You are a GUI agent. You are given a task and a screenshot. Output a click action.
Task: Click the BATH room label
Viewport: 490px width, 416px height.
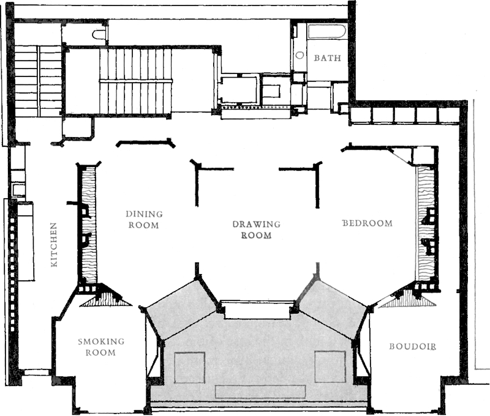coord(327,58)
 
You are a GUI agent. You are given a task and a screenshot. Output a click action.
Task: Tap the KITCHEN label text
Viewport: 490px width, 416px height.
coord(54,245)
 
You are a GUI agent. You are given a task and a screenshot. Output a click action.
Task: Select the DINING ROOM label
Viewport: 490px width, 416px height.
coord(144,220)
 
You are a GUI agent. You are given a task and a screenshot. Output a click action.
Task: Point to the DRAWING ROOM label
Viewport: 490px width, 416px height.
coord(256,229)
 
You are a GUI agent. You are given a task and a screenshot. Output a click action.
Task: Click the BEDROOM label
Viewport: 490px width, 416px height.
coord(367,223)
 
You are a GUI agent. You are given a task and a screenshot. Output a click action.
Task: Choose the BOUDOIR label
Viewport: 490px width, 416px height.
coord(412,346)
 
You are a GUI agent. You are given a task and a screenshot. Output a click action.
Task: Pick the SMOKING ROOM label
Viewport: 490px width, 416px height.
coord(101,347)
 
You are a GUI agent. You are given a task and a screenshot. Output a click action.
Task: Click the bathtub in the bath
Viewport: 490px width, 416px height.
coord(327,32)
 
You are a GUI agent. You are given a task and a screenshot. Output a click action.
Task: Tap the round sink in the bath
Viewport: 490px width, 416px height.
coord(300,56)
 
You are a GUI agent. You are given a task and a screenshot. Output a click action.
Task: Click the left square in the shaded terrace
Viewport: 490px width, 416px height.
coord(189,367)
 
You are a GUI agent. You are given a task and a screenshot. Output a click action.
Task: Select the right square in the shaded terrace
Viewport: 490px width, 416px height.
coord(330,366)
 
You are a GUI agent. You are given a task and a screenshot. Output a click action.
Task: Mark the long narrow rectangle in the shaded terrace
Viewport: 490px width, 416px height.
coord(260,392)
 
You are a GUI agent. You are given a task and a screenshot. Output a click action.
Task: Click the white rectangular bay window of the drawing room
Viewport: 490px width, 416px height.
coord(257,310)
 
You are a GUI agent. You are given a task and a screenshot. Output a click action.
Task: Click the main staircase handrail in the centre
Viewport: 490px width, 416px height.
coord(135,81)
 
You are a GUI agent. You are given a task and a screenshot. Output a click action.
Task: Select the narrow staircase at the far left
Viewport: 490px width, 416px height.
coord(38,81)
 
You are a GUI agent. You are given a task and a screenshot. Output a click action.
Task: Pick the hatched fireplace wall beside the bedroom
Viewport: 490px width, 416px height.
coord(426,223)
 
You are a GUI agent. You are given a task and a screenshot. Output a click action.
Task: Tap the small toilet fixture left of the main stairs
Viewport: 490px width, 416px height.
coord(99,35)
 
